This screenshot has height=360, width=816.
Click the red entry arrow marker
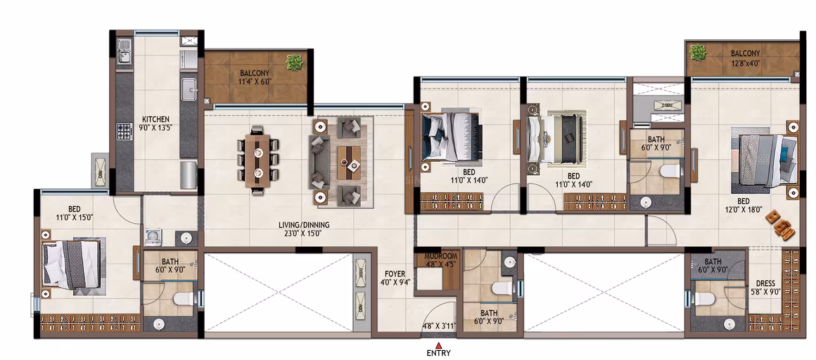(x=439, y=345)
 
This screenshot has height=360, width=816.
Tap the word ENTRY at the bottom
(x=439, y=353)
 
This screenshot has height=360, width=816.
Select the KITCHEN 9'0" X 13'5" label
(x=156, y=123)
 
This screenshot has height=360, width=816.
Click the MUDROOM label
(x=441, y=257)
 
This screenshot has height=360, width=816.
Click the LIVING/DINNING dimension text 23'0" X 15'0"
(x=305, y=233)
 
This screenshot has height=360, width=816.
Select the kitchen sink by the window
(x=124, y=51)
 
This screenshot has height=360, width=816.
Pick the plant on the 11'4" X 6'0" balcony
(x=294, y=63)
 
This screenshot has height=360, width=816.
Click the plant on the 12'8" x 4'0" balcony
(x=697, y=52)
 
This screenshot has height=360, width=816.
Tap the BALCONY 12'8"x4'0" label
(x=745, y=57)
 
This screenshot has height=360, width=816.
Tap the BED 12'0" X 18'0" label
(x=743, y=205)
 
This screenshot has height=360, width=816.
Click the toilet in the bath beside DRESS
(x=704, y=298)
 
